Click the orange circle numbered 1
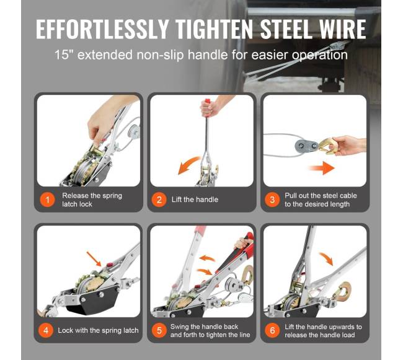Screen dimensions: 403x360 pyautogui.click(x=47, y=200)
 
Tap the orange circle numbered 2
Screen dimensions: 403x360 pyautogui.click(x=159, y=200)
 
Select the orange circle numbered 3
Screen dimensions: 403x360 pyautogui.click(x=272, y=200)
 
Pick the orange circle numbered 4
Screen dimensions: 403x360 pyautogui.click(x=46, y=330)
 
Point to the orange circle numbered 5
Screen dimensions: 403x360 pyautogui.click(x=159, y=330)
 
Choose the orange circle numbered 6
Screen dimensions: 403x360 pyautogui.click(x=272, y=330)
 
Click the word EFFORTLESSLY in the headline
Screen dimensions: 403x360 pyautogui.click(x=102, y=29)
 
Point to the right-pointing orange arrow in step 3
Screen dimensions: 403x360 pyautogui.click(x=322, y=168)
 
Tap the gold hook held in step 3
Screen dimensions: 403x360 pyautogui.click(x=327, y=146)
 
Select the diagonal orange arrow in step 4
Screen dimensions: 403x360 pyautogui.click(x=94, y=259)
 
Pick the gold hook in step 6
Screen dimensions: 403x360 pyautogui.click(x=343, y=291)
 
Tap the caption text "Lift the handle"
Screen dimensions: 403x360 pyautogui.click(x=195, y=200)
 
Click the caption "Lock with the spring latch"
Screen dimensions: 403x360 pyautogui.click(x=98, y=330)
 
